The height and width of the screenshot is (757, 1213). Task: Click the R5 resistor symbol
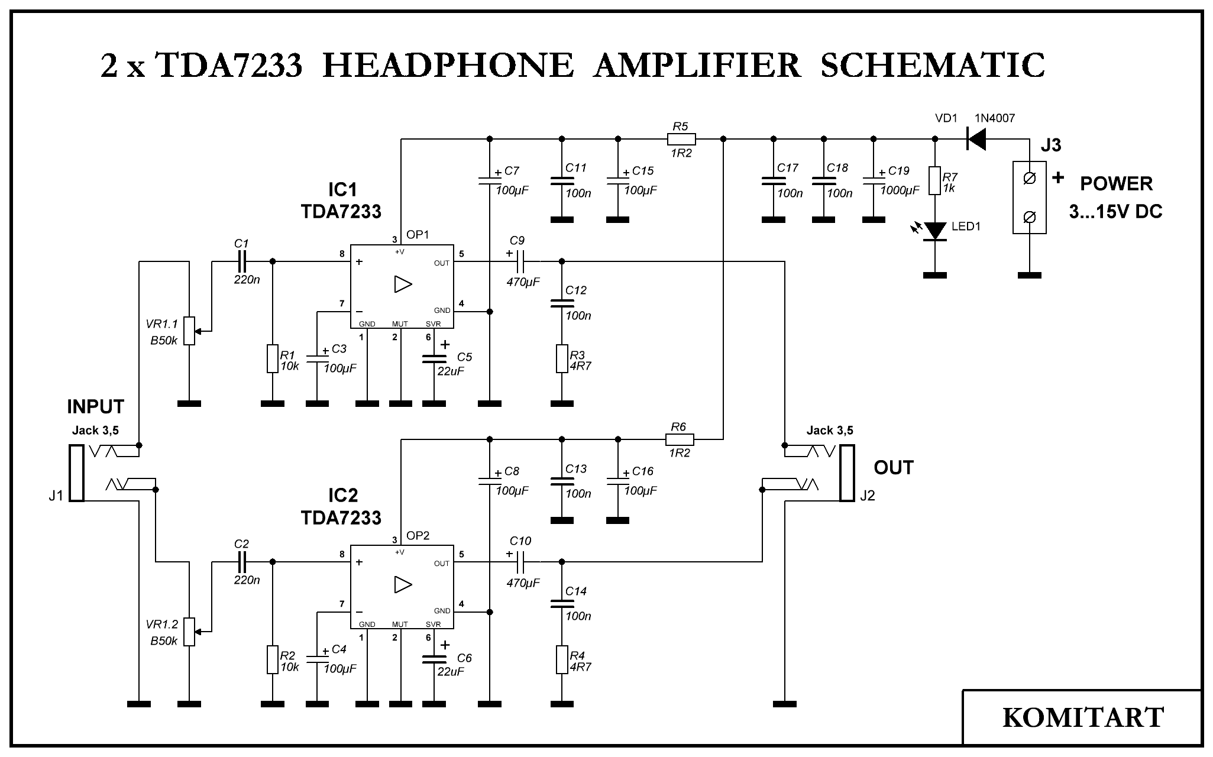pos(681,140)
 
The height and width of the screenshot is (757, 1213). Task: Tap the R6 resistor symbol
pos(680,439)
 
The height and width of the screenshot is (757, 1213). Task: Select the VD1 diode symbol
pos(976,140)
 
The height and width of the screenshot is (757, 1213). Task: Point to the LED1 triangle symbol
pos(935,231)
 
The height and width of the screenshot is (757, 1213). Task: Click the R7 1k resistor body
pos(935,180)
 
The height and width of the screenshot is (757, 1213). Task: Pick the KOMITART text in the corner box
pos(1083,717)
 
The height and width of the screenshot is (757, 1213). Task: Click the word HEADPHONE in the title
pos(448,66)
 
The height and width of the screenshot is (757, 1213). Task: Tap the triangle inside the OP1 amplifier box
pos(403,284)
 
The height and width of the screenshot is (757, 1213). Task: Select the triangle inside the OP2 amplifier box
pos(403,585)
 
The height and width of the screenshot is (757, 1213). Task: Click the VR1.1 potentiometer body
pos(189,331)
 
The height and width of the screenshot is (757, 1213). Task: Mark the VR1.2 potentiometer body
pos(189,632)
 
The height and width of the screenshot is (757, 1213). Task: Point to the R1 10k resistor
pos(272,358)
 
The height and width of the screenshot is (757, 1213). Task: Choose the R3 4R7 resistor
pos(562,358)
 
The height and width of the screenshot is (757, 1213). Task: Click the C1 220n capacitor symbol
pos(241,261)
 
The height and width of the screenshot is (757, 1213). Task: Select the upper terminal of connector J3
pos(1029,179)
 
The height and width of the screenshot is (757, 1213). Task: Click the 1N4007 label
pos(995,118)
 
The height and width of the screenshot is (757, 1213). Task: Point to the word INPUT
pos(96,407)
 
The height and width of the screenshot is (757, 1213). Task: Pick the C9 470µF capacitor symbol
pos(520,261)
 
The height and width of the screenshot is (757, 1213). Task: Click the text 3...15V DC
pos(1115,212)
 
